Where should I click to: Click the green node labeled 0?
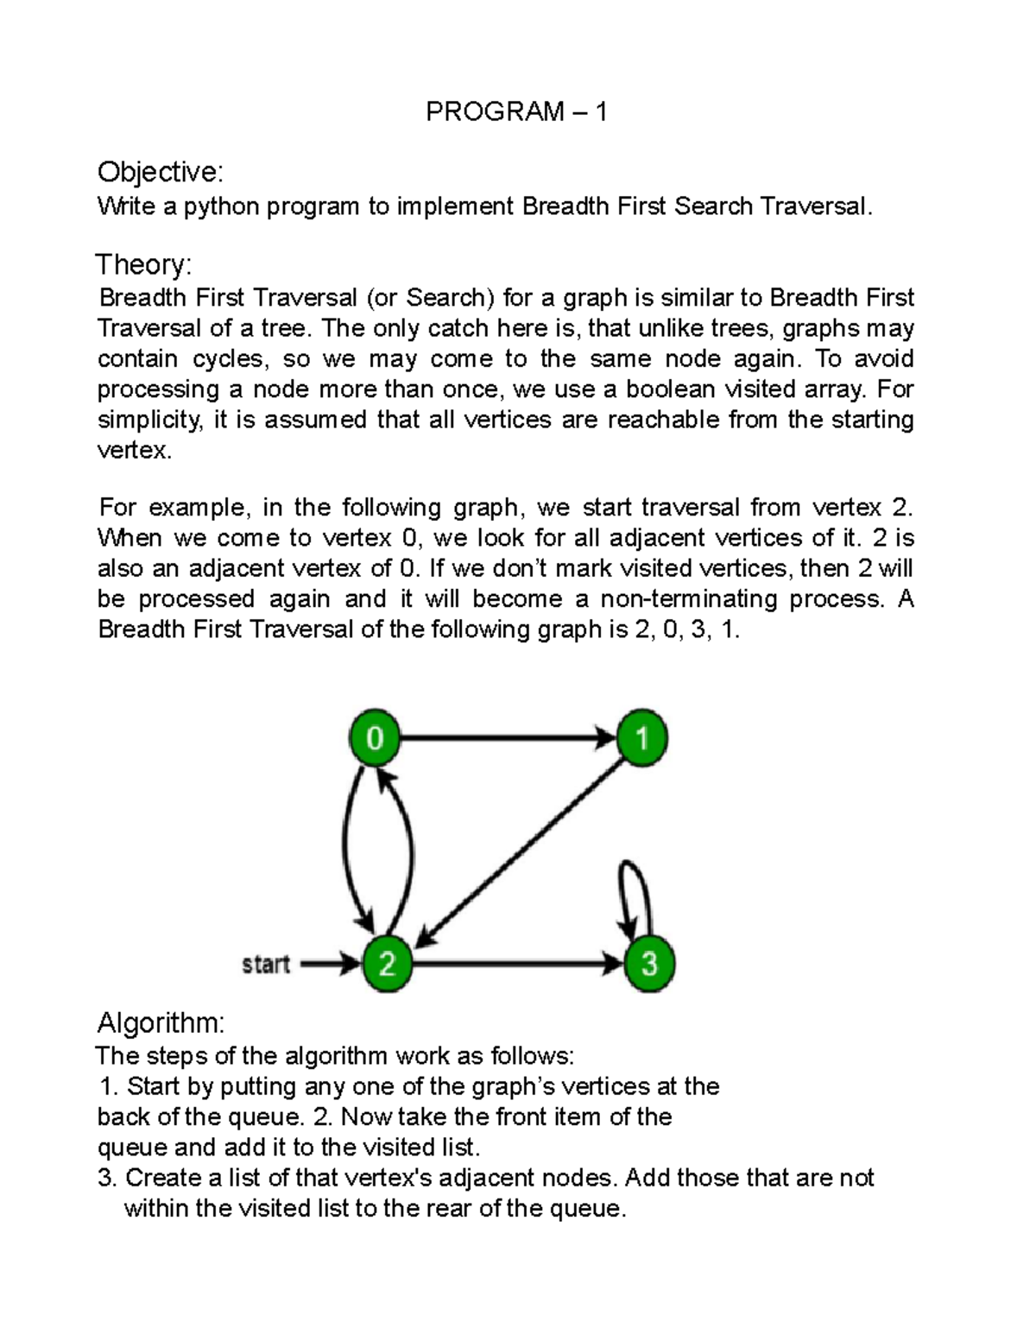pos(375,738)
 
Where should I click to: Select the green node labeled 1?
pos(642,738)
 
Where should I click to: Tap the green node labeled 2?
pos(387,964)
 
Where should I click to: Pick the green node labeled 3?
pos(648,964)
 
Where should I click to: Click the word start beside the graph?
pos(265,964)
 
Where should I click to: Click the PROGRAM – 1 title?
pos(516,111)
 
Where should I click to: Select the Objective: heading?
pos(160,173)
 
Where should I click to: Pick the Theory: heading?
pos(143,263)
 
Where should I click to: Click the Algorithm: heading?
pos(161,1023)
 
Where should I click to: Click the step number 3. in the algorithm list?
pos(109,1178)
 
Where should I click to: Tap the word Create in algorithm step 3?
pos(167,1178)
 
